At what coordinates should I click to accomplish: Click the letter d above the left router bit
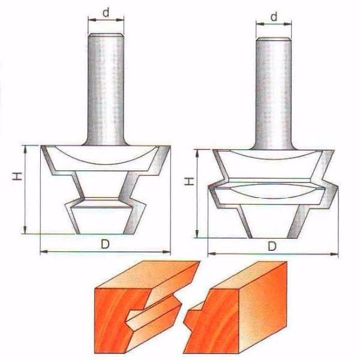point(106,13)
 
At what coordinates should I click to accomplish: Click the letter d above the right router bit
point(274,17)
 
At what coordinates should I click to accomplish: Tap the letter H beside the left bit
point(17,176)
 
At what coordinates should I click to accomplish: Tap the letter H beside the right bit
point(190,181)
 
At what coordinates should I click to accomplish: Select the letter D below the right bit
point(272,247)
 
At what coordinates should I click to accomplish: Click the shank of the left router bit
point(106,89)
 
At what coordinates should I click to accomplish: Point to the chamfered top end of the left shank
point(106,35)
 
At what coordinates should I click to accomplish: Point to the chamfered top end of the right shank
point(274,39)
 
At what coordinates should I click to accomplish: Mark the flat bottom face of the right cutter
point(269,238)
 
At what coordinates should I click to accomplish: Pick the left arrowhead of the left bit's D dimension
point(44,251)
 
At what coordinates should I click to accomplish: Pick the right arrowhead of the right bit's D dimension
point(335,254)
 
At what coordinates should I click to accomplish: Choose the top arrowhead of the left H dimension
point(25,149)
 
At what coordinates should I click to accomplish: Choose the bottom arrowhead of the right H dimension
point(197,234)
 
